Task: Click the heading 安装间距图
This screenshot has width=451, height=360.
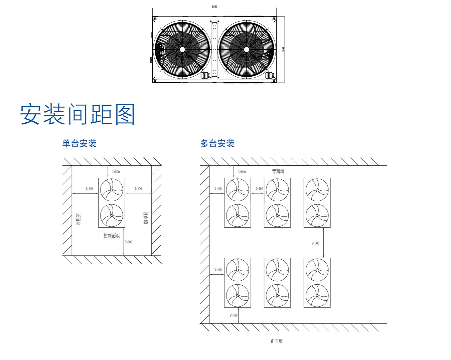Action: pyautogui.click(x=78, y=114)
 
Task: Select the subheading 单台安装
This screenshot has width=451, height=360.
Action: pyautogui.click(x=79, y=144)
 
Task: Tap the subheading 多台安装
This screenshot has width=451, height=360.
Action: pyautogui.click(x=217, y=144)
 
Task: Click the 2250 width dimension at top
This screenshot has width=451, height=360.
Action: pyautogui.click(x=214, y=6)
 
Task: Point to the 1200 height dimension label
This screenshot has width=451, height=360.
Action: pyautogui.click(x=284, y=49)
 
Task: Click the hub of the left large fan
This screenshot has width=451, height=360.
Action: pyautogui.click(x=182, y=50)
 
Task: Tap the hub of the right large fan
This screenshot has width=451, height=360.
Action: pyautogui.click(x=247, y=50)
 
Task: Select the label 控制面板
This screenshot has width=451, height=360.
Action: pyautogui.click(x=112, y=236)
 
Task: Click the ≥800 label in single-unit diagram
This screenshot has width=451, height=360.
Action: pyautogui.click(x=129, y=242)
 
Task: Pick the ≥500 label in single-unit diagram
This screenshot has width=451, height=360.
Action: pyautogui.click(x=116, y=172)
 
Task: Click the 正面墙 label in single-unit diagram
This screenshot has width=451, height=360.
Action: pyautogui.click(x=78, y=220)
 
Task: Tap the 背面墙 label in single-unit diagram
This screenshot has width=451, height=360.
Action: pyautogui.click(x=146, y=218)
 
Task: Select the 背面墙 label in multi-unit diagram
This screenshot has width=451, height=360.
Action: pyautogui.click(x=278, y=171)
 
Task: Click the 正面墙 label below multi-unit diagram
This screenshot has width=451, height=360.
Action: pyautogui.click(x=276, y=341)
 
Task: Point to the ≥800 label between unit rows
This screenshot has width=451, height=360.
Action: pyautogui.click(x=315, y=243)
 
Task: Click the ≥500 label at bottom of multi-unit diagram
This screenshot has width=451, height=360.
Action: pyautogui.click(x=234, y=315)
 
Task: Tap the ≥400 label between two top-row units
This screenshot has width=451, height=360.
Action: pyautogui.click(x=259, y=189)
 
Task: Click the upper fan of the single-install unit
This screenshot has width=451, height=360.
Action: pyautogui.click(x=112, y=190)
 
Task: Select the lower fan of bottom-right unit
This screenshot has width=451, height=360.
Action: pyautogui.click(x=317, y=295)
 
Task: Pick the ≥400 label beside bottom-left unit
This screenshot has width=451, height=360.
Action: pyautogui.click(x=218, y=270)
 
